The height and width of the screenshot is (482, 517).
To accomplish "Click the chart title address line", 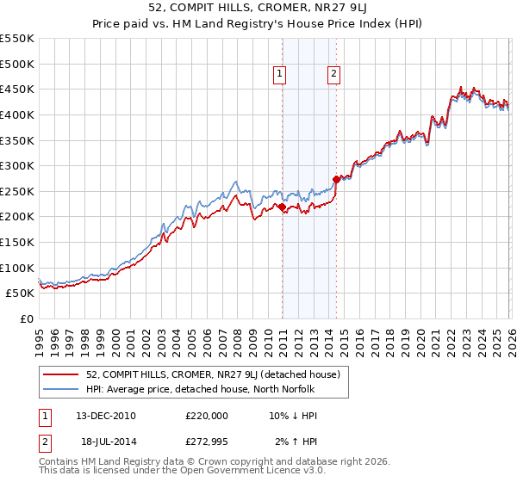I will point(258,9).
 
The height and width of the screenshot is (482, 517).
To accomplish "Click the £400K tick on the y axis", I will point(17,114).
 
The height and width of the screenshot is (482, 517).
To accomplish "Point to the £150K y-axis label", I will point(17,242).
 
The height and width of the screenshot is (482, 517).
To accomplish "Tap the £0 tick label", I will point(25,318).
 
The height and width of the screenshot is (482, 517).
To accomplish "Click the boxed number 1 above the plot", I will point(281,75).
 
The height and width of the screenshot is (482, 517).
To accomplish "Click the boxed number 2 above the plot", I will point(333,75).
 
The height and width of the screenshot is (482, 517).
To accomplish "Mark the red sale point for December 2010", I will point(282,207).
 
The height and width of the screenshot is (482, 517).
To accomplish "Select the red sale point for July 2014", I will point(336,180).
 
